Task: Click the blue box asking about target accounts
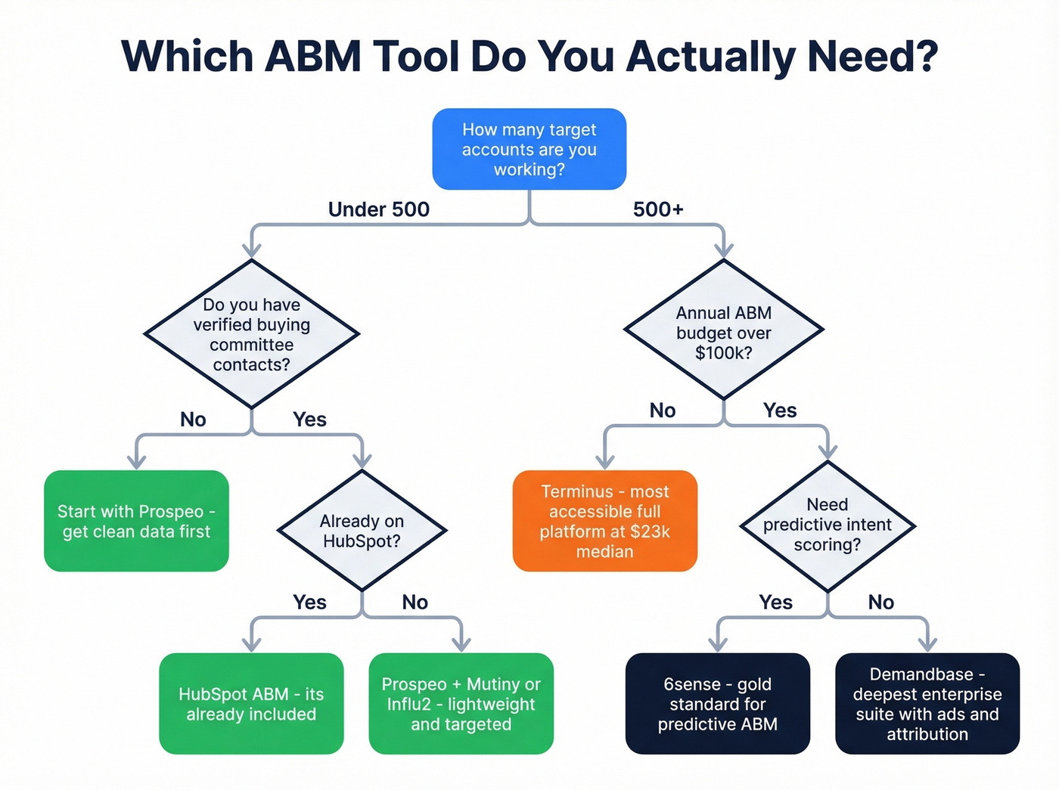529,149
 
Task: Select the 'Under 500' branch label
378,209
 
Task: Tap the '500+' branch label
657,209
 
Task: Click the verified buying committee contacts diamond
251,334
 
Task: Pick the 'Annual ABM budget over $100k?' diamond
723,332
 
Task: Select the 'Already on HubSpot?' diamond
362,531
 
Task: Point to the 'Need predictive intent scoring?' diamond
827,525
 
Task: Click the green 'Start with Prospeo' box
136,521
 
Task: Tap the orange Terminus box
604,521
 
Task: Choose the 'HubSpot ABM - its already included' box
251,704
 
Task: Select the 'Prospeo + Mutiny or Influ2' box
461,704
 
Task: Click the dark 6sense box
717,704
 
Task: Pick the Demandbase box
927,704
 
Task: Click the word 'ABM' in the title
313,57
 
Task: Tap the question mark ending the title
924,57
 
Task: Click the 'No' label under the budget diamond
662,410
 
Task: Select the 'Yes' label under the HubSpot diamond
309,603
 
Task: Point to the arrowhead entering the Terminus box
604,461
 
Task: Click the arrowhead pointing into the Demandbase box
927,643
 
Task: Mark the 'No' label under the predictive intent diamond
880,603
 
